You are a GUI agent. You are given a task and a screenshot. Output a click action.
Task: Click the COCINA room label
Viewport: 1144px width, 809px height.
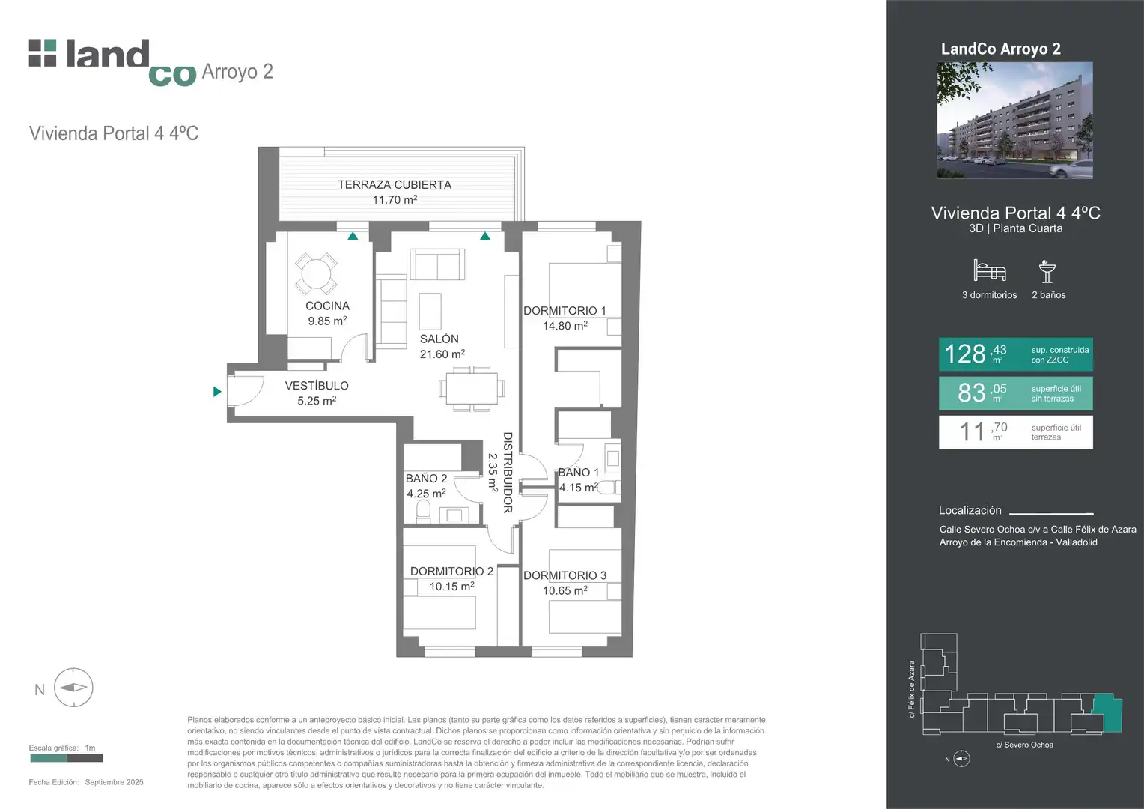point(327,306)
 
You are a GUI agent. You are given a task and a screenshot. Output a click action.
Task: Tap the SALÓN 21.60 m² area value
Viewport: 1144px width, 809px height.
point(442,354)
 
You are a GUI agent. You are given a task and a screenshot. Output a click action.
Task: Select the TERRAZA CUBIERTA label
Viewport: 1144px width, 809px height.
point(395,184)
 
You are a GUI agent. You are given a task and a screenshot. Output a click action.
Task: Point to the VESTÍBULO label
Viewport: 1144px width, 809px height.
point(317,385)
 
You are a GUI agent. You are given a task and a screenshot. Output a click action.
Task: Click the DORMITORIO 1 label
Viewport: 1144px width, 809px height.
point(565,310)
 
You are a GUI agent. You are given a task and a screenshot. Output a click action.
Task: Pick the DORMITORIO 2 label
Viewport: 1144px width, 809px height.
point(452,571)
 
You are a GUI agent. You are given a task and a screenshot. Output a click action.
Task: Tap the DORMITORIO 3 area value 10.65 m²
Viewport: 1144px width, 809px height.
point(565,590)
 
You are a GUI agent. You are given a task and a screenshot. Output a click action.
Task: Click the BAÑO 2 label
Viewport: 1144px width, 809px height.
point(427,479)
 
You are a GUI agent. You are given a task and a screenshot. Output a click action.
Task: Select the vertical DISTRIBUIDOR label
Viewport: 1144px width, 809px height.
point(508,473)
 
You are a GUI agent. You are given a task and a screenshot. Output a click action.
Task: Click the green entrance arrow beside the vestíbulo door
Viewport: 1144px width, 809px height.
point(217,392)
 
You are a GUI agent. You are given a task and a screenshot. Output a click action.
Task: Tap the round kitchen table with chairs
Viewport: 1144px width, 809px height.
point(316,274)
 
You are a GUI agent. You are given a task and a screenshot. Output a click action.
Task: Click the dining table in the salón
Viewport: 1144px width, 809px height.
point(472,389)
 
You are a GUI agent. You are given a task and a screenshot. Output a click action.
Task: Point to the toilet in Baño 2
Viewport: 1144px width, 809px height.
point(423,512)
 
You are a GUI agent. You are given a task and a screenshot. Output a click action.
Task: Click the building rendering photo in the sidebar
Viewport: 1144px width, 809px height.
point(1014,121)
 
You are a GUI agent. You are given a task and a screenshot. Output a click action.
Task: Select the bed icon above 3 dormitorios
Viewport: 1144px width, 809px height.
point(989,270)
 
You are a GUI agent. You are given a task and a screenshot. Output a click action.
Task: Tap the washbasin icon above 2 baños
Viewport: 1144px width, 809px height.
point(1047,271)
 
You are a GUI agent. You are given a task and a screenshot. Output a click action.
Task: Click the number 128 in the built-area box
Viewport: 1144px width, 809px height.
point(965,354)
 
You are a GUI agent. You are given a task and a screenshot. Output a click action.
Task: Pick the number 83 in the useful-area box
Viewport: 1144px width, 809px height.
point(971,393)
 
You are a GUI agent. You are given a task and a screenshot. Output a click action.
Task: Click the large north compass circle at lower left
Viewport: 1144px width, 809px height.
point(73,688)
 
